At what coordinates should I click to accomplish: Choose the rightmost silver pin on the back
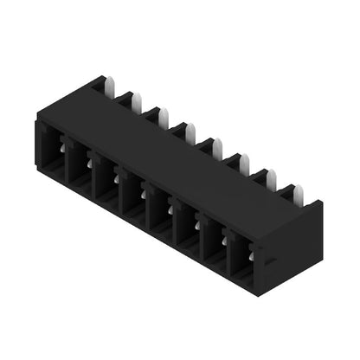click(298, 195)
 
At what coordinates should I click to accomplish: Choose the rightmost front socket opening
click(243, 261)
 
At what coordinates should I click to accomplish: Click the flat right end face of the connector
click(290, 251)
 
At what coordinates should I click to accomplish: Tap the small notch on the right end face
click(271, 260)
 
